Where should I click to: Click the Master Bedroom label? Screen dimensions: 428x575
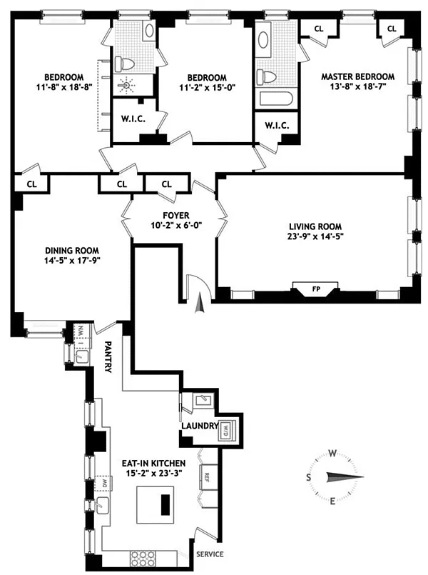click(357, 76)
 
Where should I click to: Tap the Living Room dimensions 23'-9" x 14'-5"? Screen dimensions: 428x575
click(315, 236)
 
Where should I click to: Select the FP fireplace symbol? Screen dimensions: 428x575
click(315, 289)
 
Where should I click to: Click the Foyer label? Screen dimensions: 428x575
click(176, 215)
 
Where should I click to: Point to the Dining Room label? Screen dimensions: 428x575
click(72, 251)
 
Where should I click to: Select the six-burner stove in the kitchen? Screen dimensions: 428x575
click(143, 559)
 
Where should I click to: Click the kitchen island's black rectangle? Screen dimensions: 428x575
click(165, 504)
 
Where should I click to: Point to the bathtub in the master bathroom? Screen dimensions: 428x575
click(276, 99)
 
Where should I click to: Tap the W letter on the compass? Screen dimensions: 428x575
click(332, 454)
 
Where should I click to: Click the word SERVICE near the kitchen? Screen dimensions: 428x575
click(210, 554)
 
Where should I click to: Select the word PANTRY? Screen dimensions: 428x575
click(108, 357)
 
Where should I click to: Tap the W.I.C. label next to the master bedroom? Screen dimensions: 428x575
click(277, 126)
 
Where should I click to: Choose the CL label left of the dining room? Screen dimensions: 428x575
click(32, 184)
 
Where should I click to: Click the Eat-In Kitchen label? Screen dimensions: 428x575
click(154, 464)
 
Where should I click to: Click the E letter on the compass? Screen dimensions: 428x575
click(332, 501)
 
